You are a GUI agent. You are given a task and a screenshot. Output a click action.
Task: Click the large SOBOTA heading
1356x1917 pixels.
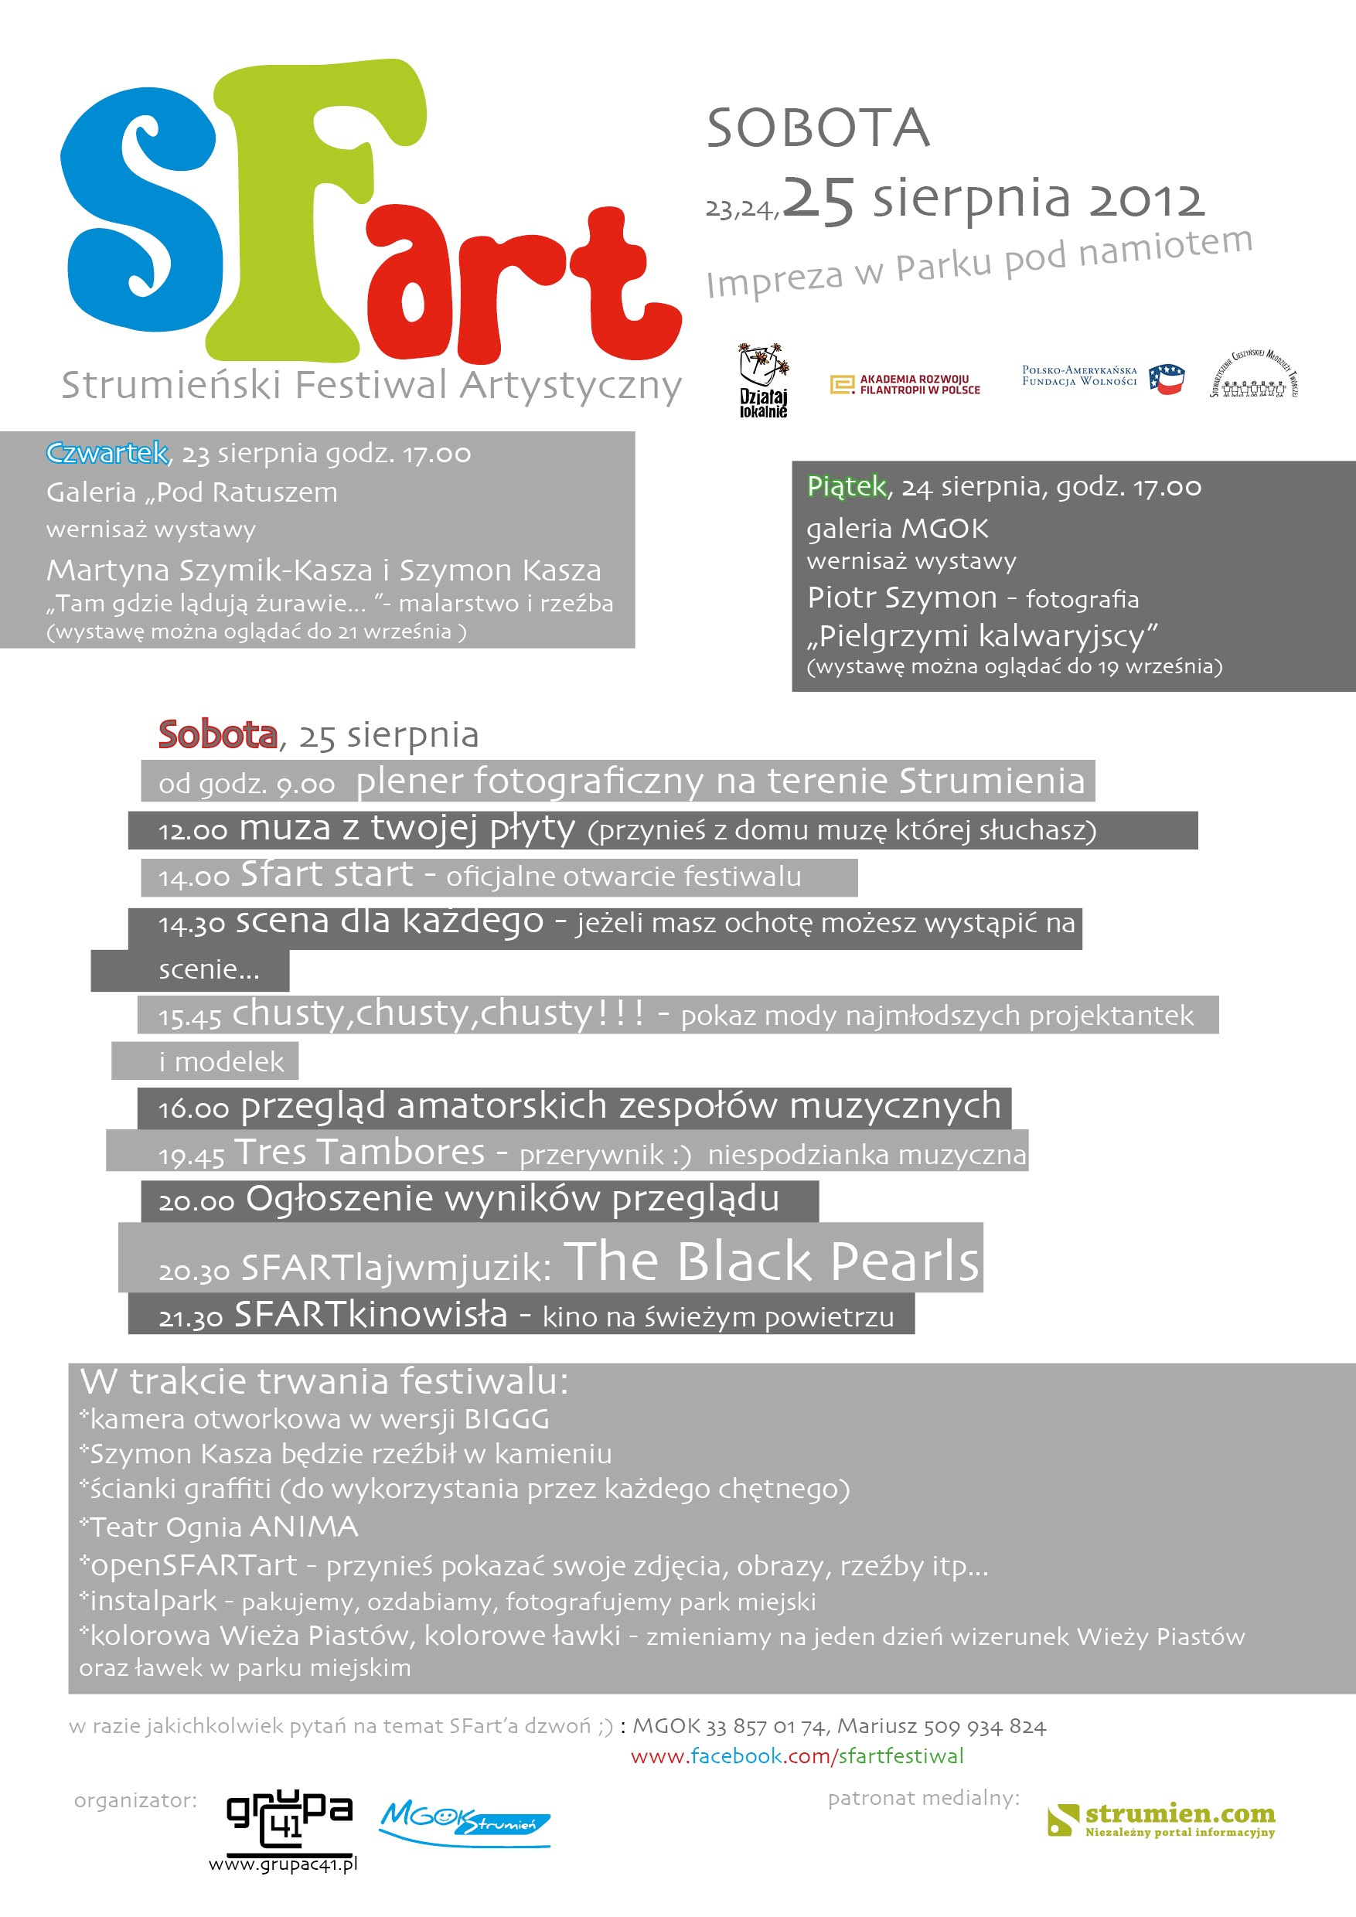(x=817, y=128)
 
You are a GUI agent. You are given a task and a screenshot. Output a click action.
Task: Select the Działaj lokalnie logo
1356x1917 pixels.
(x=763, y=380)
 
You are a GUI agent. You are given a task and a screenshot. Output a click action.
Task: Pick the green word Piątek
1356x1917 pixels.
(x=846, y=486)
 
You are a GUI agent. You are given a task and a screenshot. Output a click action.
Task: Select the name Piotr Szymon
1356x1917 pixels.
(x=901, y=598)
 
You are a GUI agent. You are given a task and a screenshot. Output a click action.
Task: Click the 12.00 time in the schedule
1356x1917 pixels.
(x=192, y=831)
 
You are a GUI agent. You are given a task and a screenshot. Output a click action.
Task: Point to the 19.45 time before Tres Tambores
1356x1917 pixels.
(x=191, y=1156)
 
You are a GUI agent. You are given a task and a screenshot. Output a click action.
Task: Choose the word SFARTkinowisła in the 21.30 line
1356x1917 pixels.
(x=371, y=1314)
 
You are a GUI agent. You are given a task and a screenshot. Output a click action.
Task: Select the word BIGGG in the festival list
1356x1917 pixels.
(x=507, y=1418)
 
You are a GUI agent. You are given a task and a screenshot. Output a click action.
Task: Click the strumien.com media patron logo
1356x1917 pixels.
(x=1161, y=1820)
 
